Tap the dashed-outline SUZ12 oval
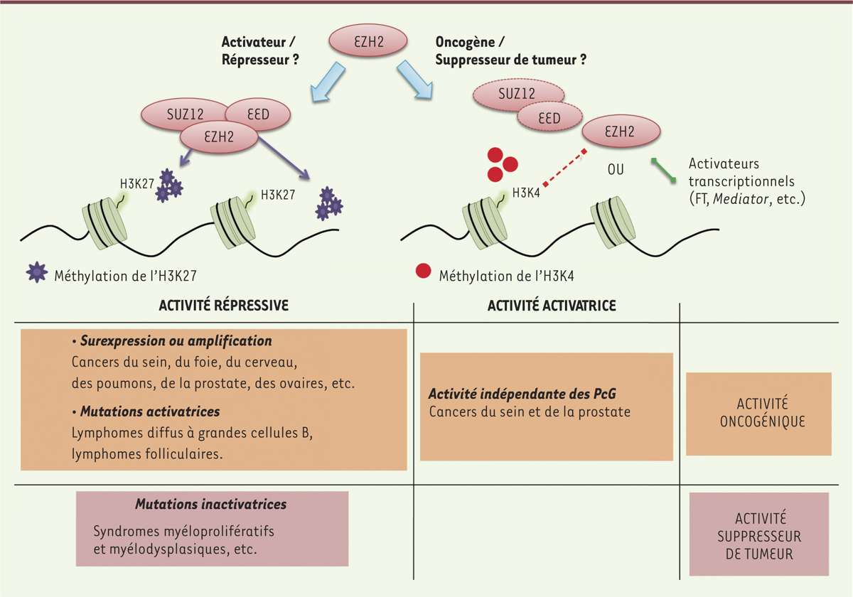tap(517, 93)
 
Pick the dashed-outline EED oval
tap(549, 118)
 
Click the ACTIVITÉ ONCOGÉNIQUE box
tap(758, 413)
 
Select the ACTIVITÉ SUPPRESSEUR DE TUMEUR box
tap(758, 534)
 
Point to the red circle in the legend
tap(423, 271)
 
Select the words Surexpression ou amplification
tap(176, 341)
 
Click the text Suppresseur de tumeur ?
tap(511, 61)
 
